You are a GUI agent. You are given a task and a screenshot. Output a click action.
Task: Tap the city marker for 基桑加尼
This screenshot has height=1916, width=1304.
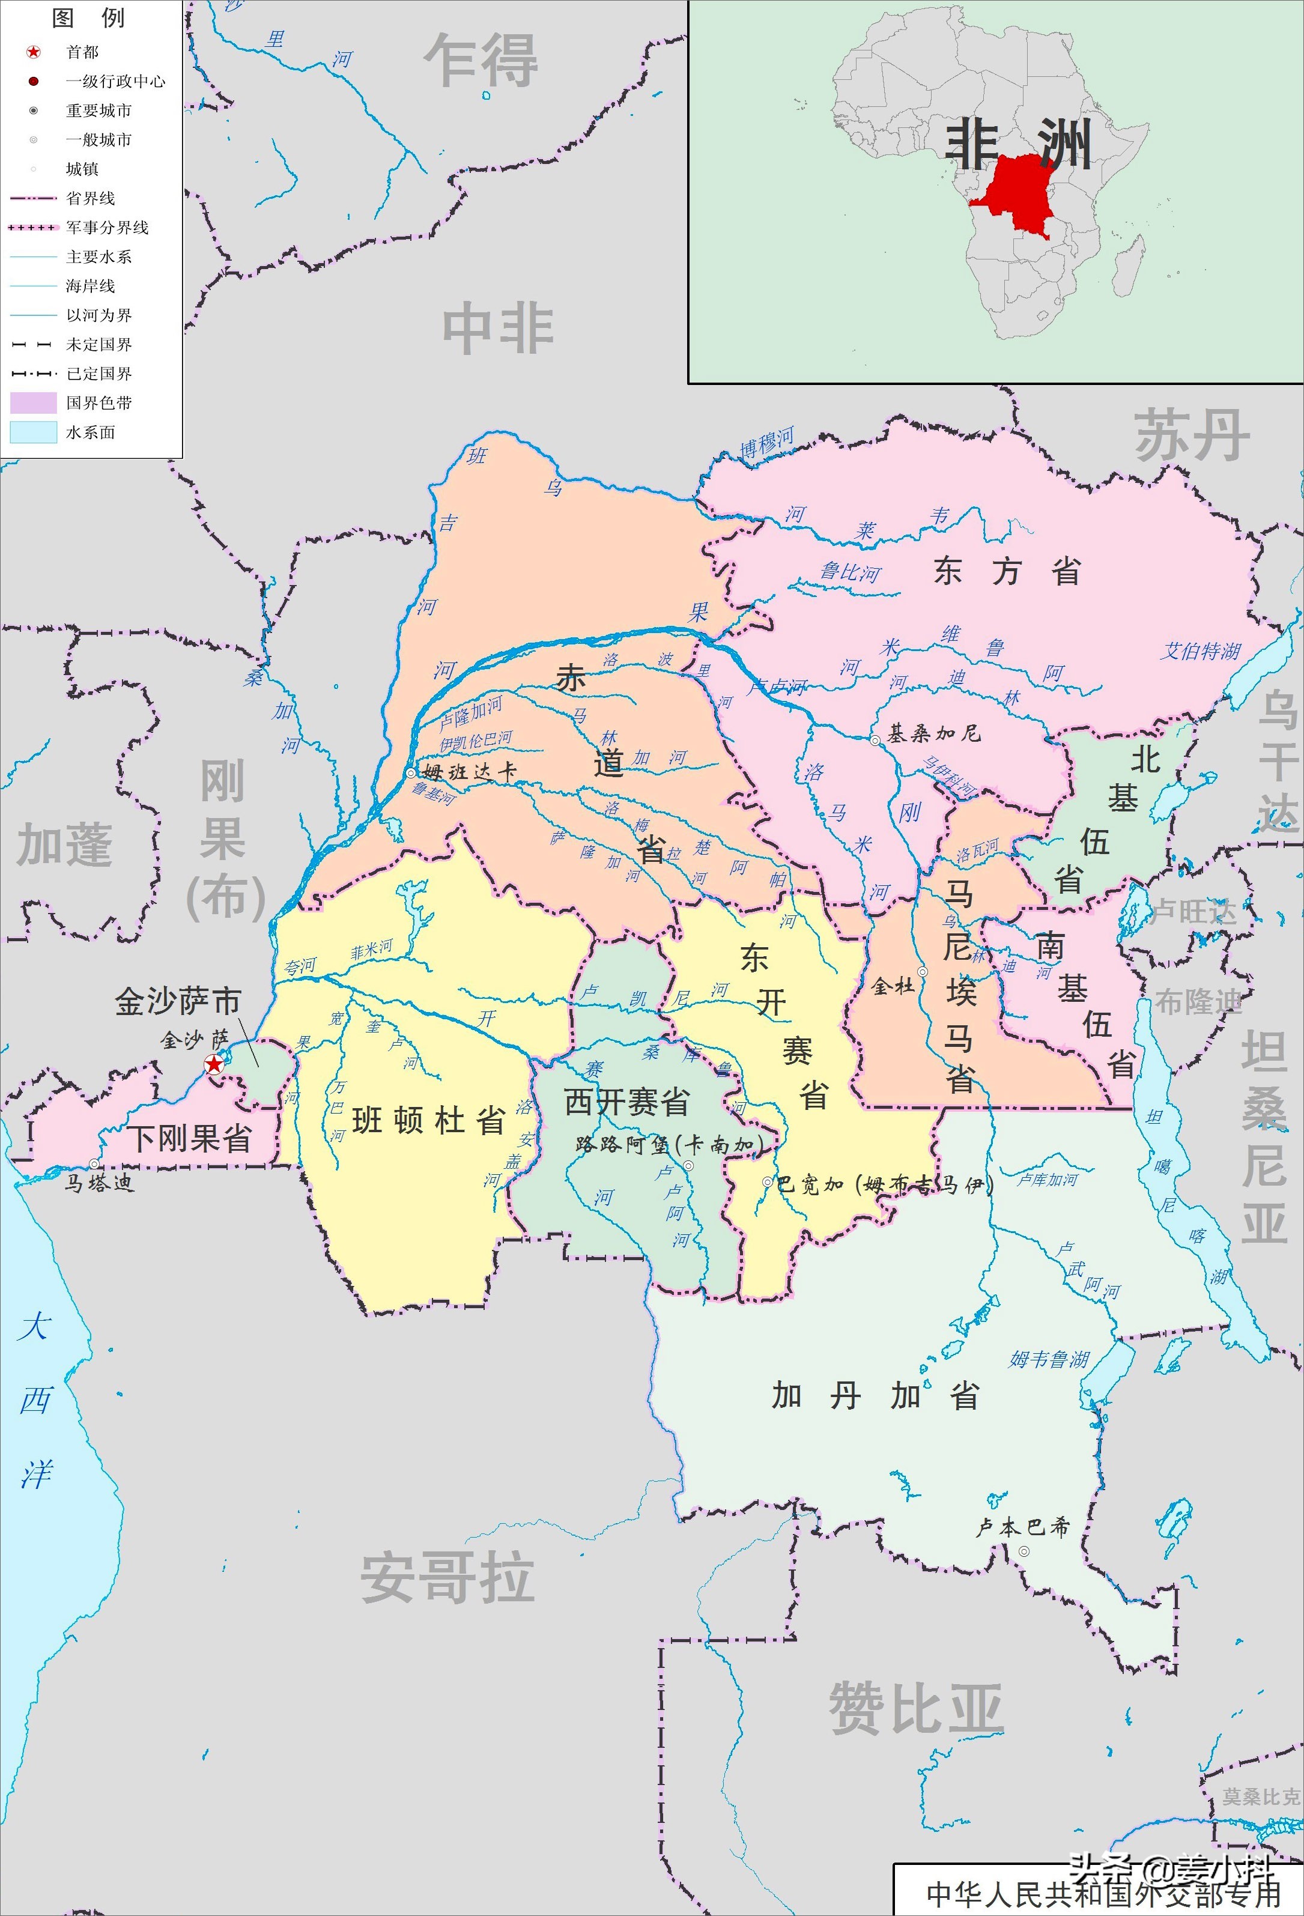click(x=875, y=741)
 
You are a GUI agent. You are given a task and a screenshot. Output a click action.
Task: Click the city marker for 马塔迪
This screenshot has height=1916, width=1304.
click(x=95, y=1163)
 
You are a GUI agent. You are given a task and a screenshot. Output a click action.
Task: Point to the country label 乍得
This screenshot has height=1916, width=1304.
click(x=481, y=60)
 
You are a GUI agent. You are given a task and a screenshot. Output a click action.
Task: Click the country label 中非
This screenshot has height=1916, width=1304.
click(x=498, y=328)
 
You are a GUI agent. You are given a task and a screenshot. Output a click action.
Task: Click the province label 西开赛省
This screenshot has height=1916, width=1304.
click(x=626, y=1102)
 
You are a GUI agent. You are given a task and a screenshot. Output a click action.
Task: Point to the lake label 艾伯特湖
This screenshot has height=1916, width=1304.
click(x=1200, y=651)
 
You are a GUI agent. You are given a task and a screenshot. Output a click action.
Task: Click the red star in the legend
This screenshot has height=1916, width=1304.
click(x=33, y=52)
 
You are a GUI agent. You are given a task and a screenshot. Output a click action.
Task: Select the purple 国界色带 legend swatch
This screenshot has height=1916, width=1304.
click(x=33, y=403)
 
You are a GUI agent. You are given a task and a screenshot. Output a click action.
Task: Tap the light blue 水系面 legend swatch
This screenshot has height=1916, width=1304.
click(x=33, y=432)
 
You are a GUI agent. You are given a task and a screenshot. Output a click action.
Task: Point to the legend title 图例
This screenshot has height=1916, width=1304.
click(x=88, y=18)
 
